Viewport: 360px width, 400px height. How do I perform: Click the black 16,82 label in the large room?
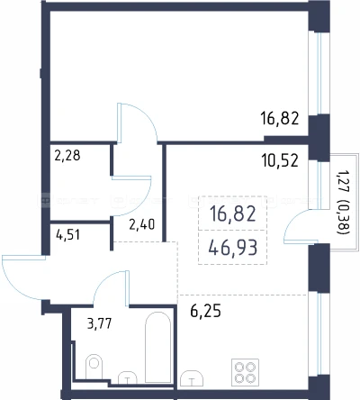[x=280, y=118]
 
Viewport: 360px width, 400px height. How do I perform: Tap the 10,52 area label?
[x=280, y=160]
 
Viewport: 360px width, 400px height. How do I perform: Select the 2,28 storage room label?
[x=67, y=156]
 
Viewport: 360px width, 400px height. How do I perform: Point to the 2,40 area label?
[x=141, y=224]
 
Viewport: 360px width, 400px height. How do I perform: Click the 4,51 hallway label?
[x=68, y=235]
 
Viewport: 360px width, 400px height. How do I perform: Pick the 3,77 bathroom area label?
[x=99, y=323]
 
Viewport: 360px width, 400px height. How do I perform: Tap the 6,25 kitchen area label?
[x=205, y=311]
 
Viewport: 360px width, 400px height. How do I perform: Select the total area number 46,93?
[x=233, y=248]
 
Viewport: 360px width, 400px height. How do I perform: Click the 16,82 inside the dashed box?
[x=233, y=214]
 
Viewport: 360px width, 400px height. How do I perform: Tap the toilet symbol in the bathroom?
[x=94, y=366]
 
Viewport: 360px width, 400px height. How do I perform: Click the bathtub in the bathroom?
[x=157, y=347]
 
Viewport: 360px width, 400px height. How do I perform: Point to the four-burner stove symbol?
[x=245, y=372]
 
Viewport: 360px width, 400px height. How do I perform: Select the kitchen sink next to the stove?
[x=191, y=377]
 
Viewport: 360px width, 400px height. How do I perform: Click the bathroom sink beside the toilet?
[x=128, y=377]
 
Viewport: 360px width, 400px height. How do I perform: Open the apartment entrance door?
[x=24, y=277]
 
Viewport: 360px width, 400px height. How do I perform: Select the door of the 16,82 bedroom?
[x=137, y=123]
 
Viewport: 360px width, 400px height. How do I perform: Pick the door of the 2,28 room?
[x=131, y=195]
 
